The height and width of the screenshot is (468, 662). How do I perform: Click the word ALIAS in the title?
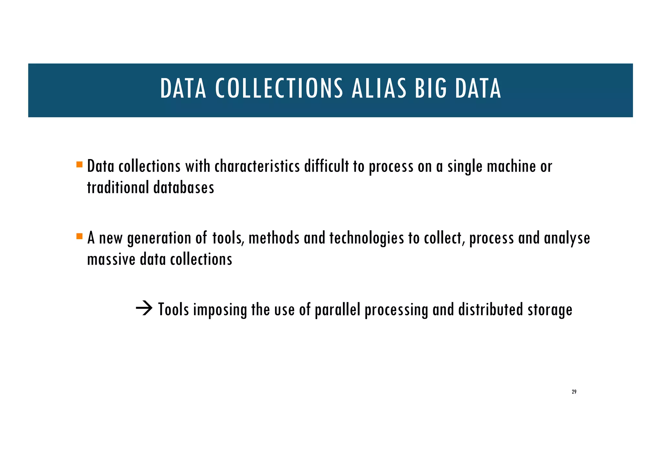pos(379,89)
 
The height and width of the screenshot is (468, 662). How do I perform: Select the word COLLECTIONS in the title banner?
pos(279,89)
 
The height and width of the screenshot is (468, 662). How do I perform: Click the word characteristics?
pos(257,166)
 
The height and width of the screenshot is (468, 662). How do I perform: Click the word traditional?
pos(118,187)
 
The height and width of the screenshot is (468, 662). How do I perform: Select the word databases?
pos(184,187)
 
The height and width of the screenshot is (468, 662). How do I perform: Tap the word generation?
pos(159,239)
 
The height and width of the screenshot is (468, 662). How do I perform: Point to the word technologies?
pos(367,239)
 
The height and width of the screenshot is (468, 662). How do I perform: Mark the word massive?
pos(111,259)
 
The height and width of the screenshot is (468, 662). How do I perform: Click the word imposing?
pos(220,310)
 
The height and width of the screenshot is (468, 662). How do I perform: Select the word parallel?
pos(337,310)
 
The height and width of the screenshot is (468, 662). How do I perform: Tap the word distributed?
pos(490,309)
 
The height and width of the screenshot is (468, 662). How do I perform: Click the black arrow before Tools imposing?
pos(144,309)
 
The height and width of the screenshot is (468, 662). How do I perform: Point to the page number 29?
pos(574,392)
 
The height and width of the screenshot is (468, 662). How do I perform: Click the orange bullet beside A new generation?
pos(80,236)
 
